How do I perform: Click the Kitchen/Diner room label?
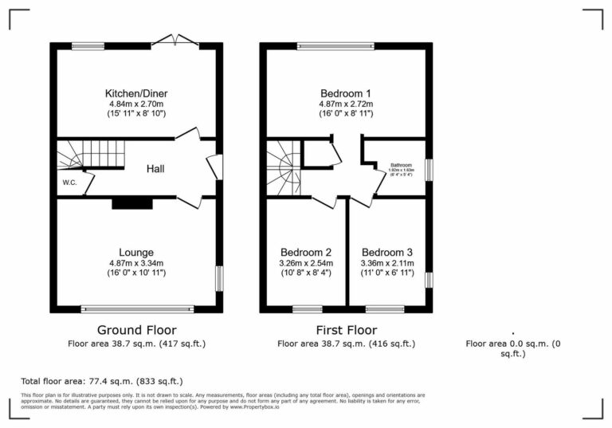tap(136, 93)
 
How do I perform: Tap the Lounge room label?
tap(136, 253)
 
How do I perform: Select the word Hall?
tap(155, 169)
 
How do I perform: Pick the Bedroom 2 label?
tap(306, 253)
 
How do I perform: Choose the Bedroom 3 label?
tap(388, 253)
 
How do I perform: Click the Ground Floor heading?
tap(136, 330)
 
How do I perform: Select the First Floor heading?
tap(347, 330)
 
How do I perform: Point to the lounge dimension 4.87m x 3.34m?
tap(136, 263)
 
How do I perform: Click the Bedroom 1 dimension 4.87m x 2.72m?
tap(347, 104)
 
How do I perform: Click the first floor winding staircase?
tap(283, 167)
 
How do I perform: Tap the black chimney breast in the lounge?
tap(131, 204)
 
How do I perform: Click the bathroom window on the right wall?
tap(428, 170)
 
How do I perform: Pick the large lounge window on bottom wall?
tap(136, 308)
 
